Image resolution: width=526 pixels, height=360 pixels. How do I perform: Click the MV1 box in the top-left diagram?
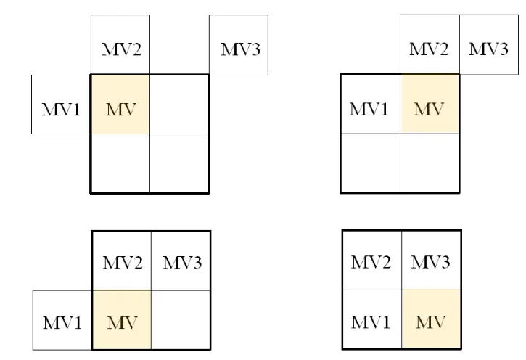tap(60, 104)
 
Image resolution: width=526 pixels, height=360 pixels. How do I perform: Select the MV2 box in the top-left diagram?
tap(120, 44)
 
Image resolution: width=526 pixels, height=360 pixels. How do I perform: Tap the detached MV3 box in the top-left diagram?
tap(239, 44)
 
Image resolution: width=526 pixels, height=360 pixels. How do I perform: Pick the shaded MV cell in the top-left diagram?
tap(120, 104)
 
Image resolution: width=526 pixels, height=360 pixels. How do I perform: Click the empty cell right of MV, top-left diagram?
tap(179, 104)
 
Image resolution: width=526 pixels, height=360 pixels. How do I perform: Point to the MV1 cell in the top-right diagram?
tap(370, 104)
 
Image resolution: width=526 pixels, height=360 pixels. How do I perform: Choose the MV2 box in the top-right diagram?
tap(430, 44)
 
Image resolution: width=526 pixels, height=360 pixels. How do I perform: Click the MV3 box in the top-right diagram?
tap(488, 44)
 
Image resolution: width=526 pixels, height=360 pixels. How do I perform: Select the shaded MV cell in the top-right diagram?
tap(430, 104)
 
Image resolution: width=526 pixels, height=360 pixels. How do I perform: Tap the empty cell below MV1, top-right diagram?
tap(370, 163)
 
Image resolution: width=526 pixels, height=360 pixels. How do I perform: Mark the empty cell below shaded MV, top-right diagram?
tap(430, 163)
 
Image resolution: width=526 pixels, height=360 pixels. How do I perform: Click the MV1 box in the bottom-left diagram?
tap(62, 320)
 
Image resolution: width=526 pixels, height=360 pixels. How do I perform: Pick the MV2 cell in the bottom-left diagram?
tap(120, 261)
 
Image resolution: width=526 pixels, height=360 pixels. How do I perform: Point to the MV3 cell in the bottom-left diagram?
tap(180, 261)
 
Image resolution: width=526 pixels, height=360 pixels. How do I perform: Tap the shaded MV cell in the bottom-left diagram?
tap(120, 320)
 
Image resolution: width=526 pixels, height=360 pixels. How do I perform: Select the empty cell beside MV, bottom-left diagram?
tap(180, 320)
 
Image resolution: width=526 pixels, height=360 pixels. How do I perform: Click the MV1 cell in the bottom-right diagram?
tap(371, 320)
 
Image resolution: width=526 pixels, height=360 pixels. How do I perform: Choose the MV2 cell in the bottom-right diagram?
tap(371, 261)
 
